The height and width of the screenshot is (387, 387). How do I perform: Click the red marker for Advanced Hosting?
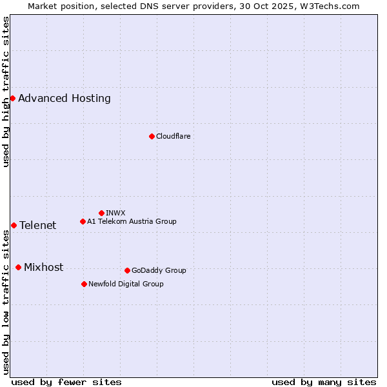pyautogui.click(x=12, y=98)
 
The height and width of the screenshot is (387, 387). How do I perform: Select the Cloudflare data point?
pyautogui.click(x=152, y=136)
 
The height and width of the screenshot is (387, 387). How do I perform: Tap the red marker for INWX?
pyautogui.click(x=101, y=213)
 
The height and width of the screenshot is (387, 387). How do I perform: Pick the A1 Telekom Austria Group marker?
pyautogui.click(x=83, y=221)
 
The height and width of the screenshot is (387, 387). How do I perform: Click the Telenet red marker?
pyautogui.click(x=14, y=225)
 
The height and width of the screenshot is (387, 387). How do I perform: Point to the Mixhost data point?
pyautogui.click(x=18, y=267)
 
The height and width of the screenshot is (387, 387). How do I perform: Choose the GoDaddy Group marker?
pyautogui.click(x=127, y=270)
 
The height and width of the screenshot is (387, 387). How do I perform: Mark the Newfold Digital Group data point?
pyautogui.click(x=84, y=284)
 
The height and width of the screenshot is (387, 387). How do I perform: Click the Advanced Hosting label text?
pyautogui.click(x=64, y=99)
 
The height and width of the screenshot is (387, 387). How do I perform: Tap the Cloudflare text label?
pyautogui.click(x=173, y=136)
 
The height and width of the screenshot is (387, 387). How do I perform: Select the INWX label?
pyautogui.click(x=115, y=213)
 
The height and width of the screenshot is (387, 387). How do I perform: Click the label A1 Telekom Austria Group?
pyautogui.click(x=132, y=221)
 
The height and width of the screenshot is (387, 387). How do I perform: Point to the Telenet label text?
pyautogui.click(x=37, y=225)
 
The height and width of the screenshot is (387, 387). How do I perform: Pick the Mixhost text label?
pyautogui.click(x=43, y=268)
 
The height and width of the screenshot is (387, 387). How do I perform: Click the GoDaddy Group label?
pyautogui.click(x=159, y=270)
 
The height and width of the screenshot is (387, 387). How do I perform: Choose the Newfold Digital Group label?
pyautogui.click(x=126, y=284)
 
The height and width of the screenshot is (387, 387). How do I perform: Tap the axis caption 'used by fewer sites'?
pyautogui.click(x=66, y=382)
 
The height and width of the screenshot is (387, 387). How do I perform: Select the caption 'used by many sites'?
pyautogui.click(x=324, y=382)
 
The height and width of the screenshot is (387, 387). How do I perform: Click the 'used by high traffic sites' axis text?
pyautogui.click(x=6, y=92)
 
